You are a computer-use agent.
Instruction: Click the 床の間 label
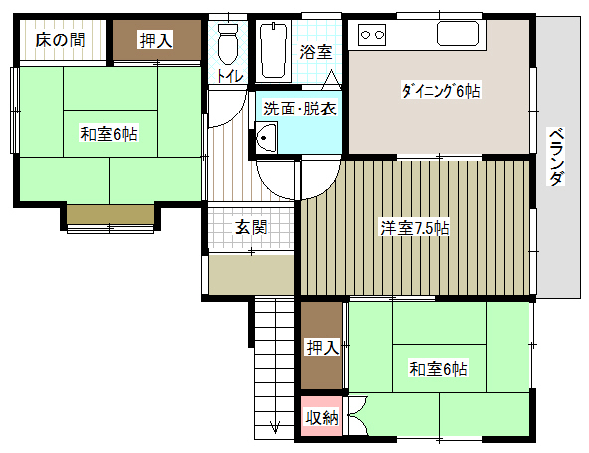tap(60, 40)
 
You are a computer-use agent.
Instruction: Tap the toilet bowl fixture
tap(228, 44)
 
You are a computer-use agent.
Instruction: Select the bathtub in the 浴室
tap(274, 51)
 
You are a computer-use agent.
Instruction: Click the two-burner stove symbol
tap(372, 35)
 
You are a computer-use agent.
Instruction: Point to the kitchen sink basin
tap(458, 34)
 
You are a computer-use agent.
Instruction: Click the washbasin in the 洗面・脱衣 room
tap(266, 137)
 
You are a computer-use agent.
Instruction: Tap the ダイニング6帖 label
tap(440, 91)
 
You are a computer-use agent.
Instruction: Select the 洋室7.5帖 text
tap(415, 228)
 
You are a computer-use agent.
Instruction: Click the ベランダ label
tap(556, 157)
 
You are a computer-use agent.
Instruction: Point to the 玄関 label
tap(251, 227)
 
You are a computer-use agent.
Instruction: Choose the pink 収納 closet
tap(322, 416)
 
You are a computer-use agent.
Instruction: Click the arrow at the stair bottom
tap(275, 426)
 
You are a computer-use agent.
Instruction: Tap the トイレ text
tap(230, 77)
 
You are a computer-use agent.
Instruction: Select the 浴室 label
tap(316, 52)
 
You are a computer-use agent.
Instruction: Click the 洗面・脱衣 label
tap(299, 109)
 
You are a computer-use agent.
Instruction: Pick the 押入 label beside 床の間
tap(156, 40)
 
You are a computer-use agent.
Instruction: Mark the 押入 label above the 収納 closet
tap(323, 348)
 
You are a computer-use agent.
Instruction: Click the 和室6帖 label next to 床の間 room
tap(108, 134)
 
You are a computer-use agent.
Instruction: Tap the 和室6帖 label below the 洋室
tap(439, 369)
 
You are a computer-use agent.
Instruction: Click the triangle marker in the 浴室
tap(331, 80)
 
